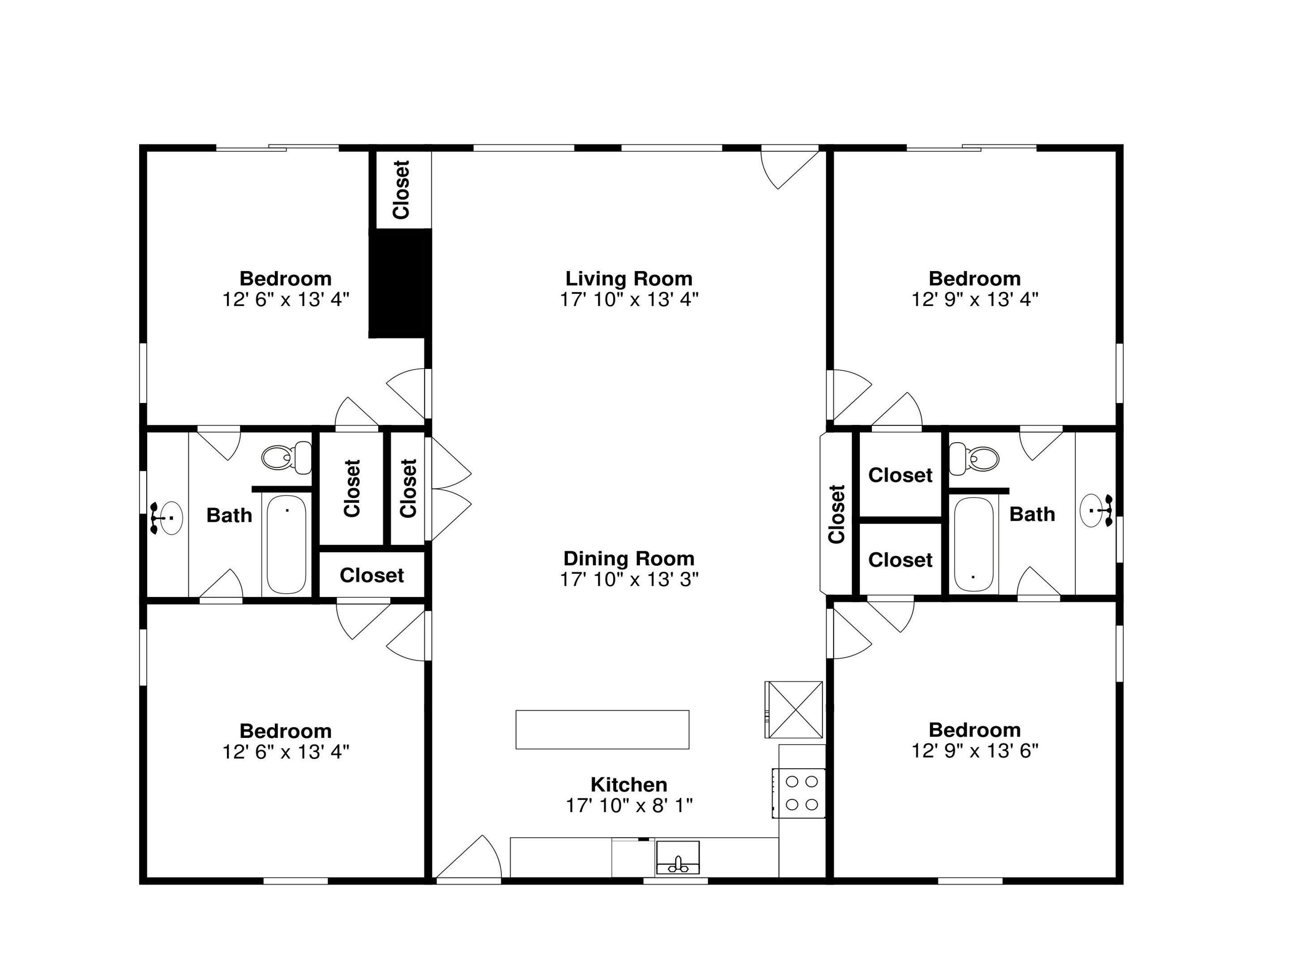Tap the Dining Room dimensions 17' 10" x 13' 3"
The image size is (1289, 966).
coord(629,579)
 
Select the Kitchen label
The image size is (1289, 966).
coord(629,784)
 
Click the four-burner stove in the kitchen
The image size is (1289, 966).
coord(799,793)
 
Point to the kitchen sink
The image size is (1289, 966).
coord(678,857)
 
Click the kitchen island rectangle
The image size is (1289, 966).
coord(602,729)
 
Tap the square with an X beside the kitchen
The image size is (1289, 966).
coord(794,709)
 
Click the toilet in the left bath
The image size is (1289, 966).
coord(287,457)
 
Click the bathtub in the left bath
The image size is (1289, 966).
coord(287,544)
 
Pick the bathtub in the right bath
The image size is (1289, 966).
coord(974,544)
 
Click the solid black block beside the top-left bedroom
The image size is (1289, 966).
coord(400,283)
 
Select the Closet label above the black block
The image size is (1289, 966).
coord(401,190)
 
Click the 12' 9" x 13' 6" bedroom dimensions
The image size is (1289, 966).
coord(974,750)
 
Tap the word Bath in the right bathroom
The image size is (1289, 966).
coord(1032,514)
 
